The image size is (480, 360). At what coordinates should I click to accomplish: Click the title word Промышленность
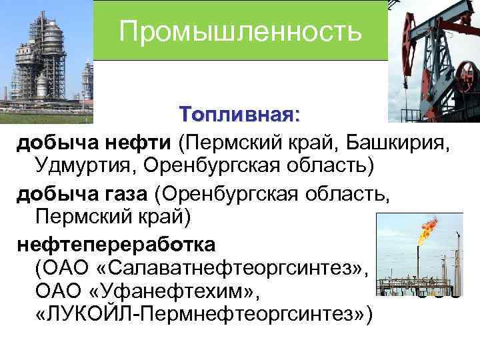click(241, 31)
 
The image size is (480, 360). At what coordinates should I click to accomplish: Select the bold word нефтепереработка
click(117, 245)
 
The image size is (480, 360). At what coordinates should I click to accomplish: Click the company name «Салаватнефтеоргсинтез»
click(231, 268)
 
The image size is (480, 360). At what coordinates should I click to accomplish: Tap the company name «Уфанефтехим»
click(180, 291)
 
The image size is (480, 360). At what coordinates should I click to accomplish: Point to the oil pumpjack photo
click(433, 60)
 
